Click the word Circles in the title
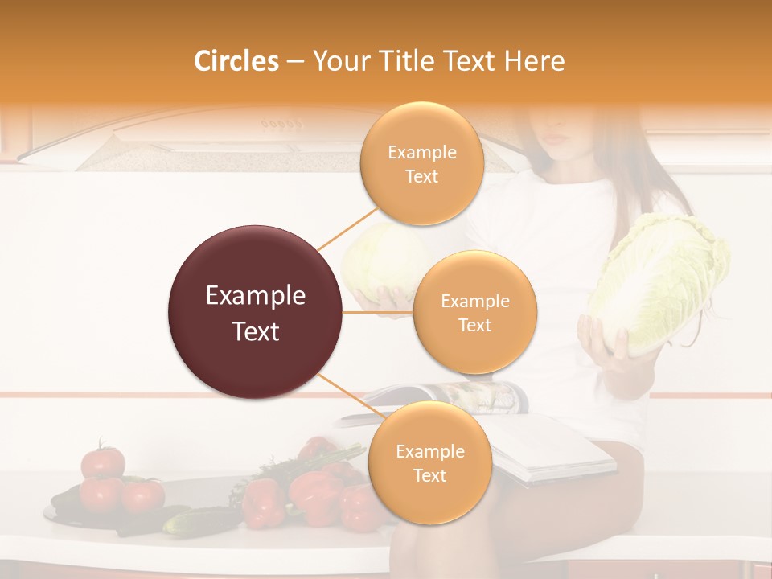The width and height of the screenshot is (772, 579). (236, 61)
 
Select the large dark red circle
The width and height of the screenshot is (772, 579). (255, 313)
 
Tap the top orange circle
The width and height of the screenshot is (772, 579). (421, 163)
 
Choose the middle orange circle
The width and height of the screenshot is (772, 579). (474, 313)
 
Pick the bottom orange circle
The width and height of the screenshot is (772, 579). (429, 463)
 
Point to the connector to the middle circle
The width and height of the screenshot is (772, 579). (377, 311)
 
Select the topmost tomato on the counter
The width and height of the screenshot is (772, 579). (103, 462)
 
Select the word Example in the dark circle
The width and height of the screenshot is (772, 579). (255, 296)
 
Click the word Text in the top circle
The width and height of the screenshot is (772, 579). (421, 176)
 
